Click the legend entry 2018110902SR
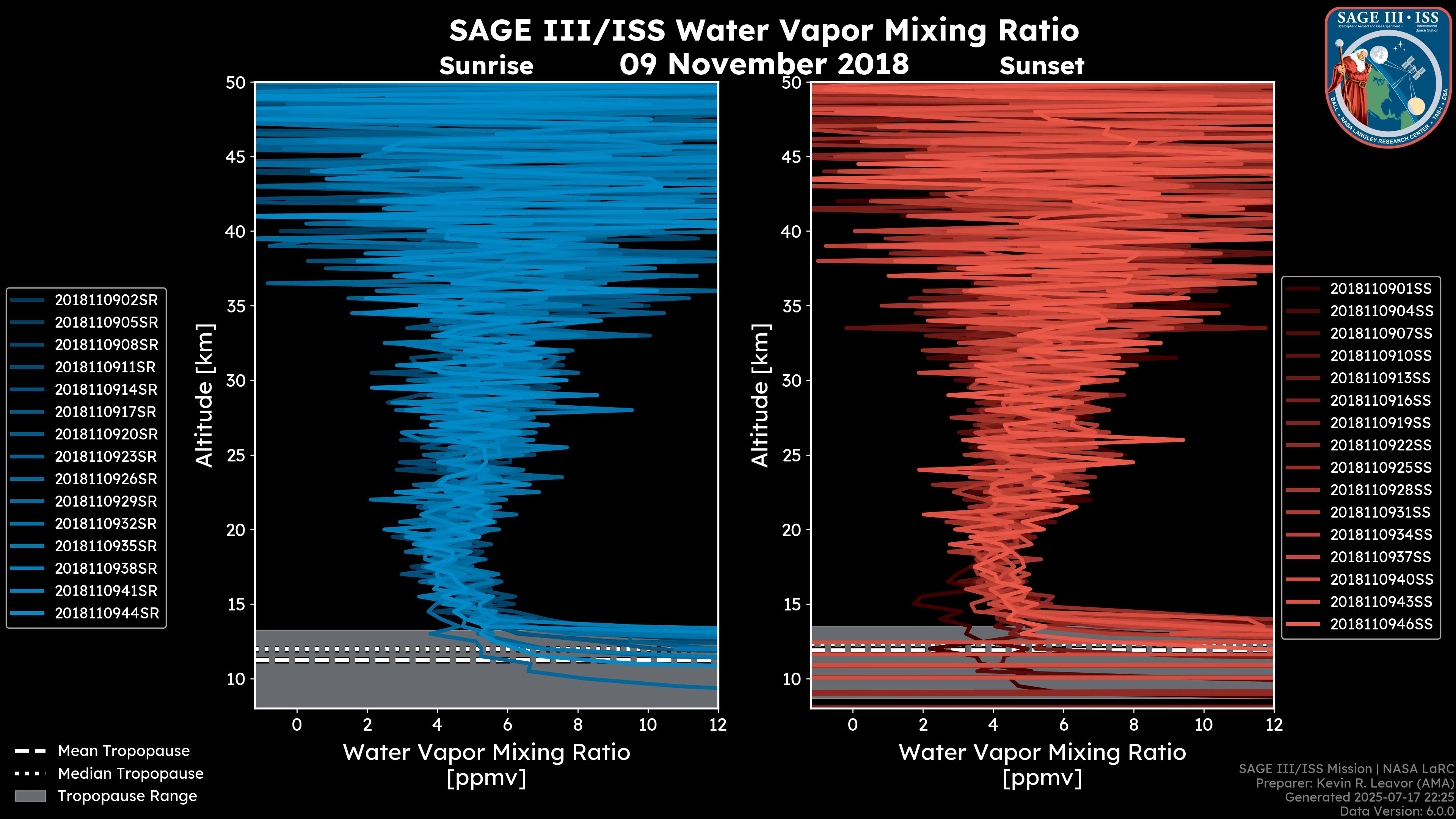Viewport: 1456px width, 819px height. pos(106,300)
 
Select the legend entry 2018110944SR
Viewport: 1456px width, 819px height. pos(106,613)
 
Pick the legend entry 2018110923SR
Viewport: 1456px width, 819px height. pos(106,457)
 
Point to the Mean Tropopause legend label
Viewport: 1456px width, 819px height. pos(124,751)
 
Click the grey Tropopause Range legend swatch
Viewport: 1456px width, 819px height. pos(30,796)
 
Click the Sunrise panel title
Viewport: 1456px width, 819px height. pos(486,66)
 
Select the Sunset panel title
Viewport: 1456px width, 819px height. pos(1042,66)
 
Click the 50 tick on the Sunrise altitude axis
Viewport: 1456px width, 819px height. pos(236,83)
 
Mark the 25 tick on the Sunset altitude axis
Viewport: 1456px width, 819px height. pos(791,455)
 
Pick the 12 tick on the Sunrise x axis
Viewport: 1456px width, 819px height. pos(717,725)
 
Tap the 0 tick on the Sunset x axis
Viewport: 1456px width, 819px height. pos(853,725)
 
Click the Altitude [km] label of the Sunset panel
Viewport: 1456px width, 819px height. pos(760,395)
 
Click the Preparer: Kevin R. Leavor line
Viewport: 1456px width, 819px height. pos(1354,783)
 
